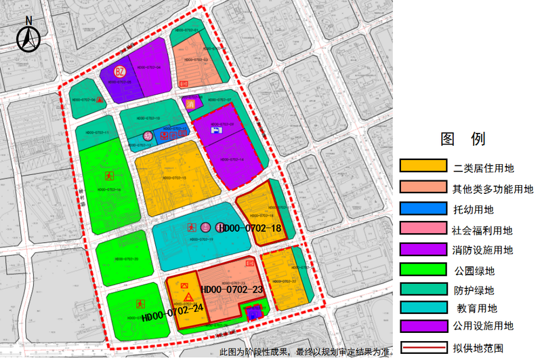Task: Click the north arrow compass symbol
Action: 28,35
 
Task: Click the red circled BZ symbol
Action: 120,72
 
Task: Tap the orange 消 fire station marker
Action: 190,104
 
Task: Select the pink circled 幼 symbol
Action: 148,136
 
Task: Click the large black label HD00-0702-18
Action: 250,228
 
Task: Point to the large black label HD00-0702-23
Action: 232,290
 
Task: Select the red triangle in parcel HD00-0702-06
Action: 101,99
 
